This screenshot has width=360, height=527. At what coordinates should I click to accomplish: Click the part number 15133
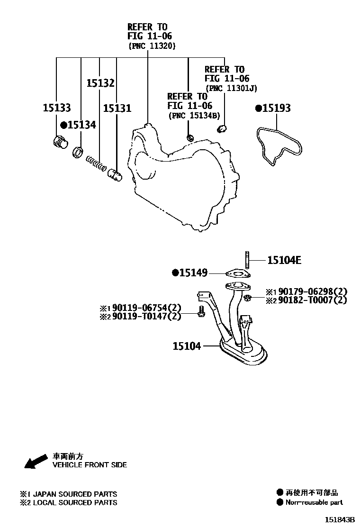pyautogui.click(x=56, y=108)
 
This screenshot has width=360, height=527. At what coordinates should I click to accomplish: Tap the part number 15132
pyautogui.click(x=100, y=83)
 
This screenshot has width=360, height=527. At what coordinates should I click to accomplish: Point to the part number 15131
pyautogui.click(x=117, y=108)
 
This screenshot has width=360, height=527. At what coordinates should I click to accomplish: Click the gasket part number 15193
pyautogui.click(x=276, y=108)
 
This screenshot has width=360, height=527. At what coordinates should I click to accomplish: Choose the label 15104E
pyautogui.click(x=284, y=260)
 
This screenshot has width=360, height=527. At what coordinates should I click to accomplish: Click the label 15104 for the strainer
pyautogui.click(x=187, y=346)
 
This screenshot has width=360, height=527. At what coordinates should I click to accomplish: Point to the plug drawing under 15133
pyautogui.click(x=60, y=142)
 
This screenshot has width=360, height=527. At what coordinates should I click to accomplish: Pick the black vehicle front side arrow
pyautogui.click(x=35, y=462)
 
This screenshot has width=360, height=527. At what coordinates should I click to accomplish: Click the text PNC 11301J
pyautogui.click(x=231, y=88)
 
